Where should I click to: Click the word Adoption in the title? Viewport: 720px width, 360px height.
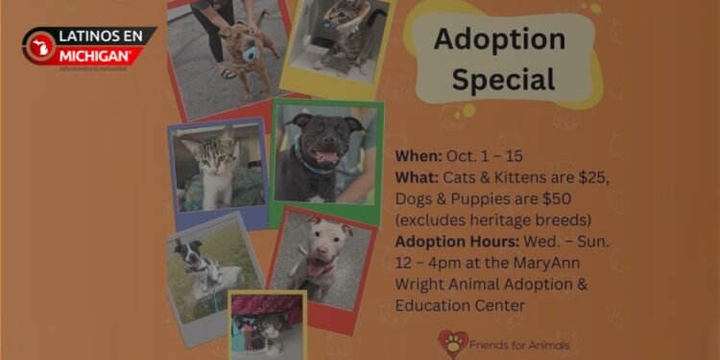point(499,39)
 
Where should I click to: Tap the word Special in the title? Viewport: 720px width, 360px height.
point(503,79)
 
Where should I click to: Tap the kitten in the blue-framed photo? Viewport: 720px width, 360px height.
point(217,167)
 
